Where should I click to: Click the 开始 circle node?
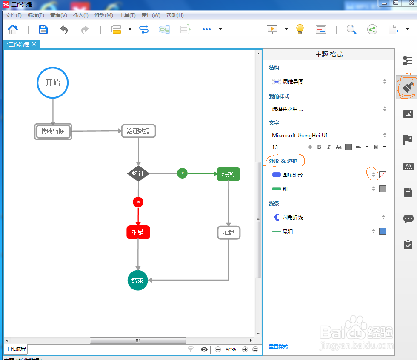[x=53, y=82]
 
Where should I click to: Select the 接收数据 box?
[x=53, y=131]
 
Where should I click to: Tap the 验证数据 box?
[x=138, y=131]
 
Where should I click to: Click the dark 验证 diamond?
[x=138, y=173]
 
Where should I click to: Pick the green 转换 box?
[x=228, y=174]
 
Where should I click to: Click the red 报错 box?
[x=138, y=232]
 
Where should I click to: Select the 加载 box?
[x=228, y=232]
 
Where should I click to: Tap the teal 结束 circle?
[x=137, y=281]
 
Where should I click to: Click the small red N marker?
[x=138, y=202]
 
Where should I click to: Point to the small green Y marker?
[x=182, y=173]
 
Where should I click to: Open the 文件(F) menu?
[x=13, y=15]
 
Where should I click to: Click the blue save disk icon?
[x=43, y=29]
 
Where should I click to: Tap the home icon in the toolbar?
[x=13, y=29]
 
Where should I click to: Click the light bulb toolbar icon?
[x=300, y=29]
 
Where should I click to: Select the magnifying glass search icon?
[x=351, y=29]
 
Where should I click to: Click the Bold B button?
[x=320, y=147]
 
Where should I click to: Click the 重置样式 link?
[x=278, y=346]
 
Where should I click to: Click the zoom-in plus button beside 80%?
[x=245, y=349]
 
